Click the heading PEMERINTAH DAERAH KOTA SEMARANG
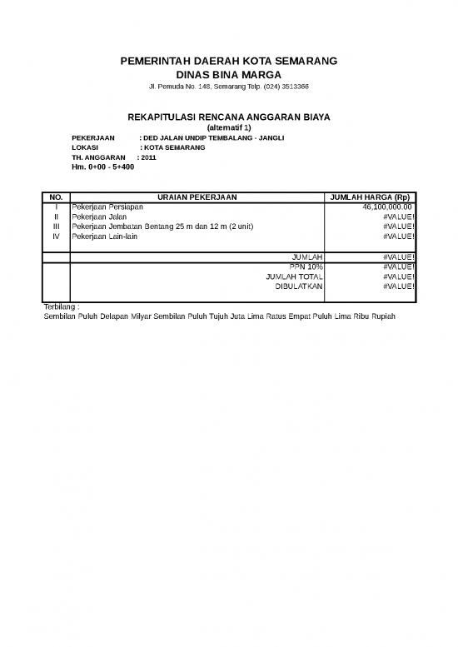pos(228,62)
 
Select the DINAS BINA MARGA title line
pos(228,75)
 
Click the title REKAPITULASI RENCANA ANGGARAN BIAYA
pos(228,117)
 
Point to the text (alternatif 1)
pos(228,127)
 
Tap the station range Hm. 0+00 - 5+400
pos(103,167)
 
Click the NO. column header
pos(56,197)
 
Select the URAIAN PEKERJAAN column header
pos(197,197)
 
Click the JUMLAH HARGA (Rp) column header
pos(370,197)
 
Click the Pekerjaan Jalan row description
pos(99,216)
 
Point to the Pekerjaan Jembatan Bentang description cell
pos(162,226)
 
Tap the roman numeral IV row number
pos(56,236)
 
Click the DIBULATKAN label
pos(299,286)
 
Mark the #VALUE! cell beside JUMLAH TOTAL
pos(398,276)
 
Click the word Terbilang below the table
pos(58,307)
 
